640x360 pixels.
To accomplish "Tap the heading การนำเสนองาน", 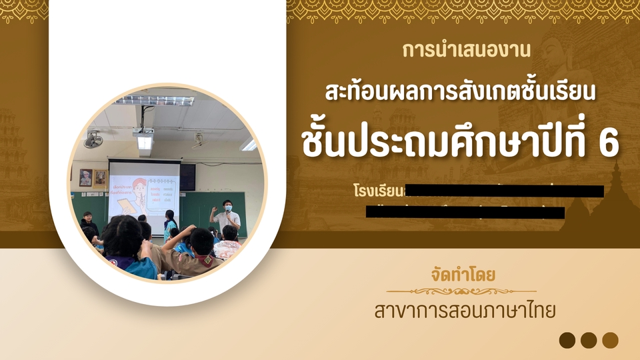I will (467, 49).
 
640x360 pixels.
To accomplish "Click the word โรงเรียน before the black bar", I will (379, 191).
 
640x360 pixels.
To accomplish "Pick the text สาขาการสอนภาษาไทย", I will (464, 311).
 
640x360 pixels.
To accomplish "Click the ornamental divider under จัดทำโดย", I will (461, 291).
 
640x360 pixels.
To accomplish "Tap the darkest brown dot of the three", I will (567, 340).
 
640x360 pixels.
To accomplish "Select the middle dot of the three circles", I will (588, 340).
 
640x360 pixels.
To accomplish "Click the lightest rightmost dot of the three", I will (610, 340).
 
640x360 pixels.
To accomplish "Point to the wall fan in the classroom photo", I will (93, 139).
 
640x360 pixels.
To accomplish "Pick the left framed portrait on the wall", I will (86, 177).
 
